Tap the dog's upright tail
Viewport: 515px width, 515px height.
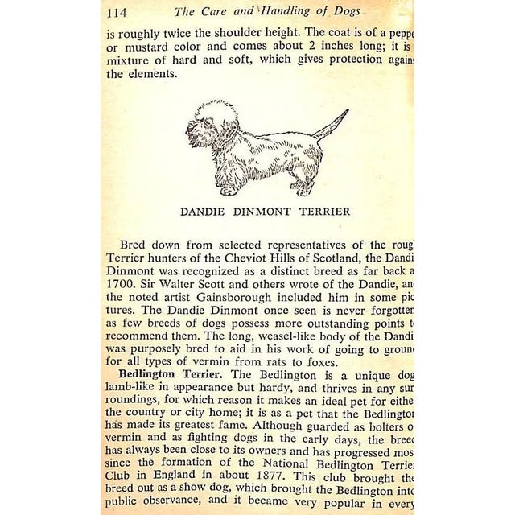coord(332,126)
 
